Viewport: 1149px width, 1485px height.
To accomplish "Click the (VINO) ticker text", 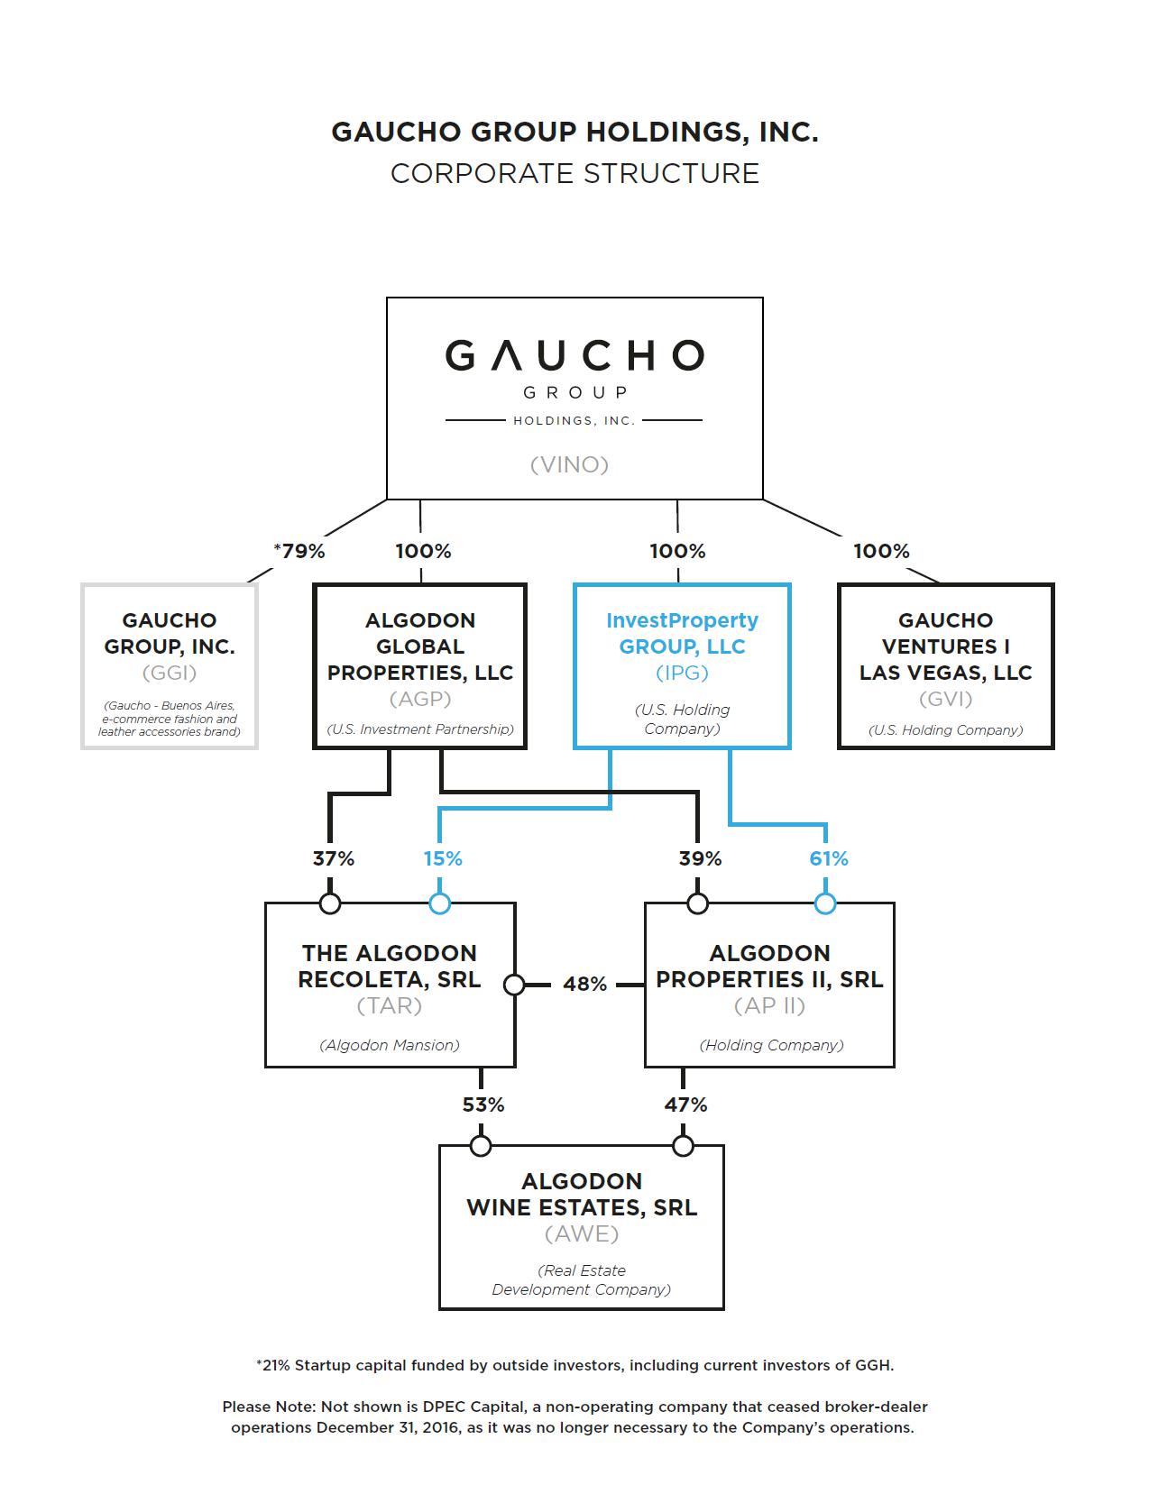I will (569, 464).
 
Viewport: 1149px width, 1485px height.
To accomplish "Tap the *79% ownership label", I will (299, 551).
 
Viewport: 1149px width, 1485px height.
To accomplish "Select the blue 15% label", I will (443, 858).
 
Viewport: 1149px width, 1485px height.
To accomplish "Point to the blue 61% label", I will (829, 858).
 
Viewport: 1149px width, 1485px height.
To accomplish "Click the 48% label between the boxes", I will (584, 985).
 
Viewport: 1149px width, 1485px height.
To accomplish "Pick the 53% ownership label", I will (483, 1105).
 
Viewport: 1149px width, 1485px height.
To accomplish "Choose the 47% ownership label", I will (685, 1105).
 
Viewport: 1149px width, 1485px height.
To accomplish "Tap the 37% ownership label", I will (334, 858).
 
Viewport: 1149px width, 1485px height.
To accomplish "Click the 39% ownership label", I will (700, 858).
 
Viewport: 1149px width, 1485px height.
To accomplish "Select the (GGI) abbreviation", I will (170, 673).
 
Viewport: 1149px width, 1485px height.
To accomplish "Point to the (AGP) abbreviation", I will (420, 699).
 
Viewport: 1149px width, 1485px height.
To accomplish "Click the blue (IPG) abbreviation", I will (682, 673).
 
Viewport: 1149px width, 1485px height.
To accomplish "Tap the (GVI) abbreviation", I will (945, 699).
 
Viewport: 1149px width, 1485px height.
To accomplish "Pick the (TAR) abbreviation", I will (390, 1005).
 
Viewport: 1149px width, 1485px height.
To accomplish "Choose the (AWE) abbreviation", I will (582, 1233).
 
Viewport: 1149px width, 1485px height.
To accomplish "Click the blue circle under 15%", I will (440, 903).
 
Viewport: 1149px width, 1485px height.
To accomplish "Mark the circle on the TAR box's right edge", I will (514, 985).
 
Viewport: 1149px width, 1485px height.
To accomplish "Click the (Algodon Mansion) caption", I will (390, 1045).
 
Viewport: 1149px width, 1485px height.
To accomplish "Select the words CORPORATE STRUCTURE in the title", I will (574, 173).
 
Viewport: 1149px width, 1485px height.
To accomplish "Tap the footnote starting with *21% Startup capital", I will (574, 1365).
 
